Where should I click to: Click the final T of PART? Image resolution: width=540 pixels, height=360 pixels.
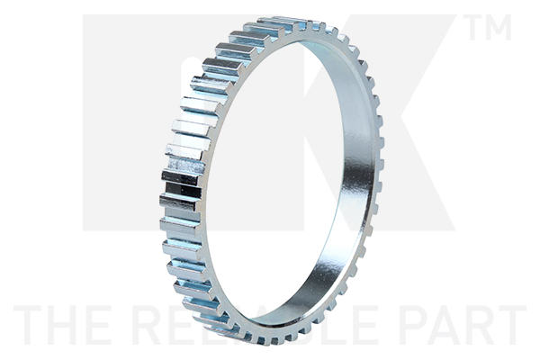click(510, 326)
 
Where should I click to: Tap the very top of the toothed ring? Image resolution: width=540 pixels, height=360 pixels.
click(288, 19)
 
